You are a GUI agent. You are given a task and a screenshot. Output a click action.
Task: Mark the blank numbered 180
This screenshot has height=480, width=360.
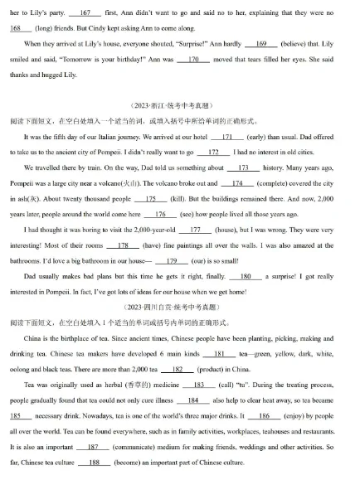tap(245, 276)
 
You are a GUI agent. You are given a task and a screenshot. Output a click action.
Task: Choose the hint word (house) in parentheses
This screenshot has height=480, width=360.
tap(223, 229)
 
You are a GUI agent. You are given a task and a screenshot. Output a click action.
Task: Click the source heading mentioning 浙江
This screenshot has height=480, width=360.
tap(179, 106)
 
